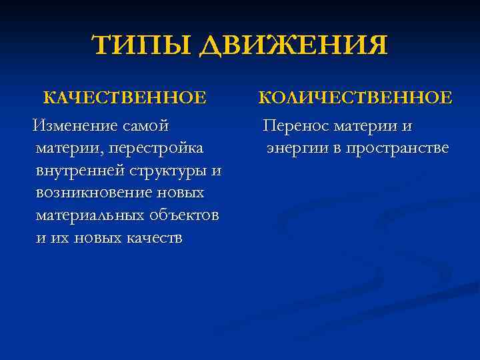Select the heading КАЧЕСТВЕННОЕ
coord(125,99)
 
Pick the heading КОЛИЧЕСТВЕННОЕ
coord(355,99)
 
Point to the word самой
coord(145,125)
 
